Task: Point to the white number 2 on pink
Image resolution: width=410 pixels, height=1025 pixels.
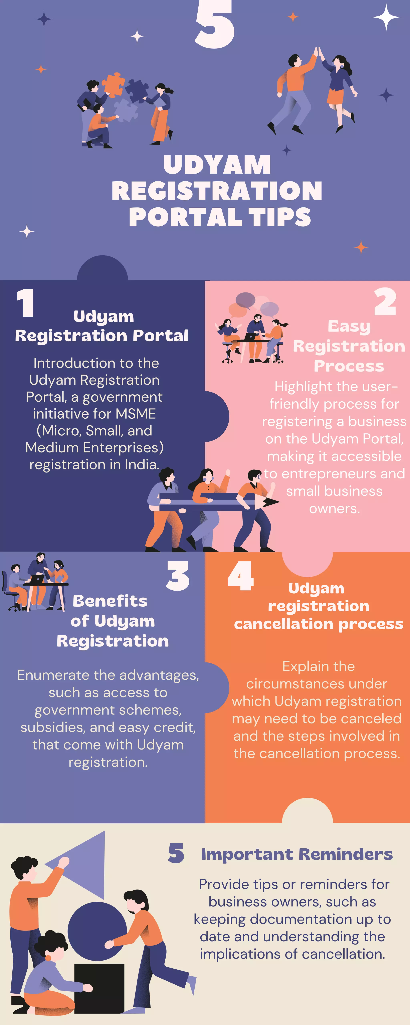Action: tap(385, 302)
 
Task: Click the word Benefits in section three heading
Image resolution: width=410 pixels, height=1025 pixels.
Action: tap(110, 601)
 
